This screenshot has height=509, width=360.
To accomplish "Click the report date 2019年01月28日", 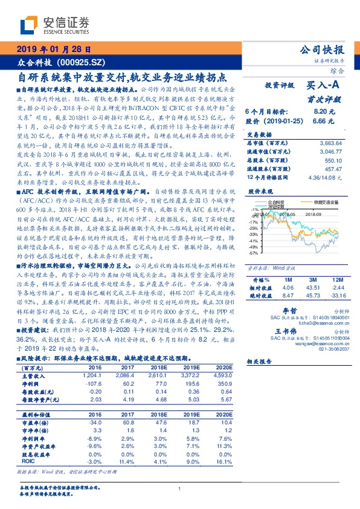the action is (54, 50).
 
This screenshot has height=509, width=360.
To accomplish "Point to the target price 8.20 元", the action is (324, 112).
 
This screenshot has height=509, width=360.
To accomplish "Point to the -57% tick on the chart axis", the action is (254, 253).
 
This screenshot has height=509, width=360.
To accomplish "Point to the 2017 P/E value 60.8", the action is (127, 423).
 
